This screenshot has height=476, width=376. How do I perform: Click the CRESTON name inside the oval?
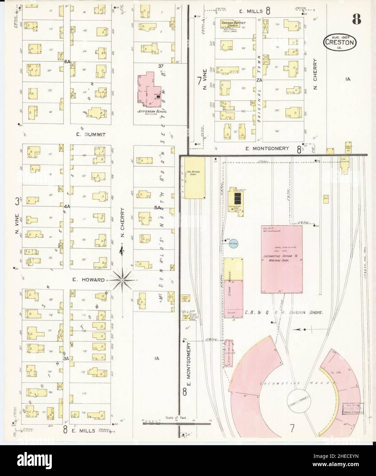click(341, 44)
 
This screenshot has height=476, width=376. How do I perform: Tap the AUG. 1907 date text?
click(341, 37)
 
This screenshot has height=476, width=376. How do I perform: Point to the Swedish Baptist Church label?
click(232, 24)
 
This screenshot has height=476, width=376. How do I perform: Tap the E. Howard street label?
click(88, 279)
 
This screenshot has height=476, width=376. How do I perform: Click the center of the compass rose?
click(122, 280)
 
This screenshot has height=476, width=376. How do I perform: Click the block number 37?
click(161, 66)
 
